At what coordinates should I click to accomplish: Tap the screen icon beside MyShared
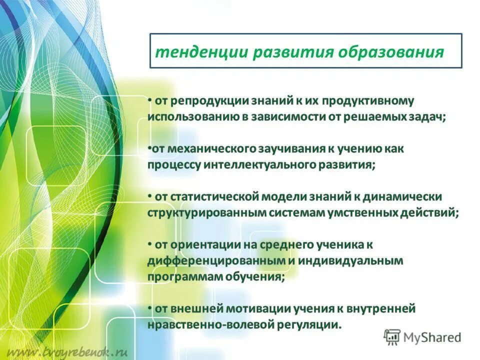(392, 337)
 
